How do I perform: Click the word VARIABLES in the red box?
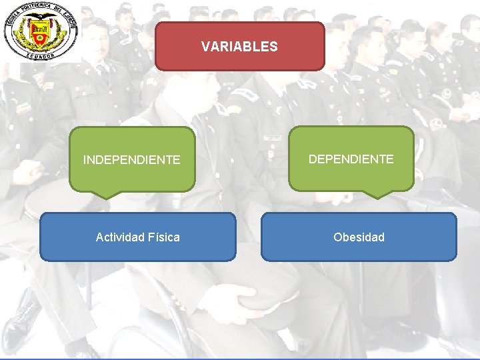pyautogui.click(x=239, y=47)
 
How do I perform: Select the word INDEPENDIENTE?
pyautogui.click(x=131, y=160)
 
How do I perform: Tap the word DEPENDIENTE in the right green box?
pyautogui.click(x=351, y=159)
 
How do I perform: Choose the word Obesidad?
pyautogui.click(x=359, y=237)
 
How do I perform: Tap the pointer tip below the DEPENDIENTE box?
pyautogui.click(x=377, y=197)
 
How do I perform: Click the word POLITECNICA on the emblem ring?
pyautogui.click(x=33, y=9)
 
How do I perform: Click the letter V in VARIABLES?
pyautogui.click(x=205, y=47)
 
